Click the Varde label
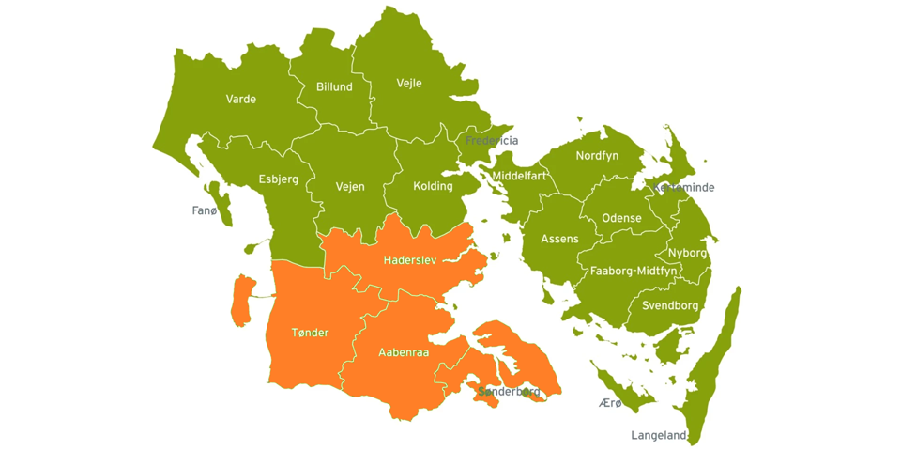240,99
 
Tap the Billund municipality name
334,86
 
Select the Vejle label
409,83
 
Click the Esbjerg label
278,179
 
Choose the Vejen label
350,187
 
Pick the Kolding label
433,186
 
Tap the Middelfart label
518,176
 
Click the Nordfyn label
597,155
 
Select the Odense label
621,218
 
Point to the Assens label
559,240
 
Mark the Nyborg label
687,253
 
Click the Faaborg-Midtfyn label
634,271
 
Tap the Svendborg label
670,305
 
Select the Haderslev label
410,259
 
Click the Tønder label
310,333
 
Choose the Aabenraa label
404,352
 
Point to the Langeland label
659,436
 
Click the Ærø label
610,403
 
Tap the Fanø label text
205,210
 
